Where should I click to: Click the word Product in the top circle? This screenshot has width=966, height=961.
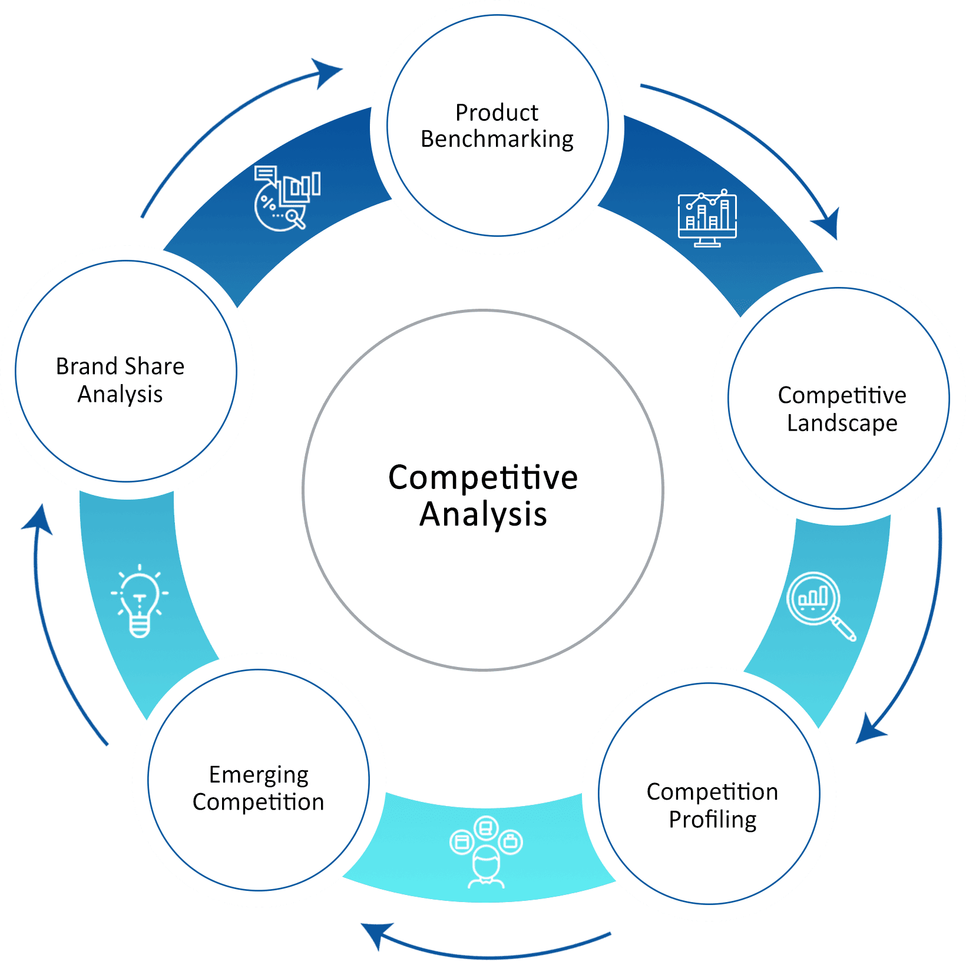tap(497, 112)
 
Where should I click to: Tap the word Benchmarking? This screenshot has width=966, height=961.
tap(497, 139)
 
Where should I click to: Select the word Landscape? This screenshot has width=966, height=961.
tap(842, 423)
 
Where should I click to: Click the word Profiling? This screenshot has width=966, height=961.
tap(712, 819)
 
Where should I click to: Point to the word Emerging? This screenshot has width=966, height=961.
tap(259, 775)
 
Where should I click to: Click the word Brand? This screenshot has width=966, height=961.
tap(87, 366)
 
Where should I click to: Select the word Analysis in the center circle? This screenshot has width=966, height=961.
tap(483, 514)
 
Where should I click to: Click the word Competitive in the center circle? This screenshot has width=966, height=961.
tap(483, 477)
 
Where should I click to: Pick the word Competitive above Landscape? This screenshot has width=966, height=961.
tap(842, 395)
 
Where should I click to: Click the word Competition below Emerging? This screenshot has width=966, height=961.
tap(258, 802)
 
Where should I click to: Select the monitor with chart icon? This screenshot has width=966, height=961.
tap(707, 219)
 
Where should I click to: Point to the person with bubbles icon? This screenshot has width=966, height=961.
tap(486, 851)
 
